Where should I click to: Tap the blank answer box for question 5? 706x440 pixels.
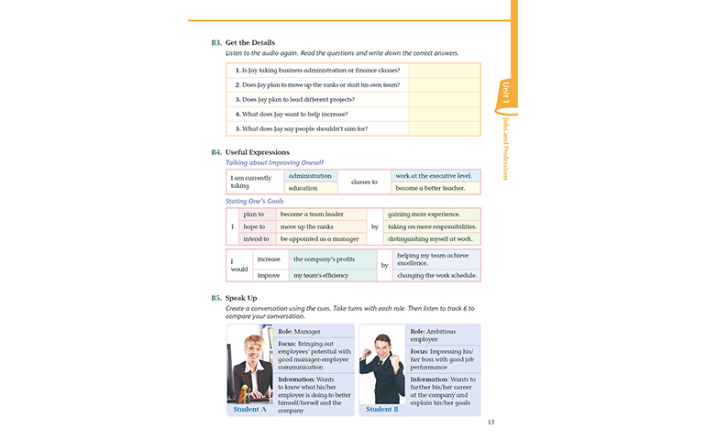pyautogui.click(x=444, y=128)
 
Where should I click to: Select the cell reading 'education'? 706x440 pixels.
pyautogui.click(x=303, y=188)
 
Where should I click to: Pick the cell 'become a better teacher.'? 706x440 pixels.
pyautogui.click(x=434, y=188)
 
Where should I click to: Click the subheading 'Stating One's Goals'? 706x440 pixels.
pyautogui.click(x=255, y=201)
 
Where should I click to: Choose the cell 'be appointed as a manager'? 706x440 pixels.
pyautogui.click(x=320, y=238)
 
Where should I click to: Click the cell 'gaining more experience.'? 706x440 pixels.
pyautogui.click(x=429, y=214)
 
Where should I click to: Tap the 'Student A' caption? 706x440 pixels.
pyautogui.click(x=250, y=409)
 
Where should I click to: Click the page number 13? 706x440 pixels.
pyautogui.click(x=491, y=423)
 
